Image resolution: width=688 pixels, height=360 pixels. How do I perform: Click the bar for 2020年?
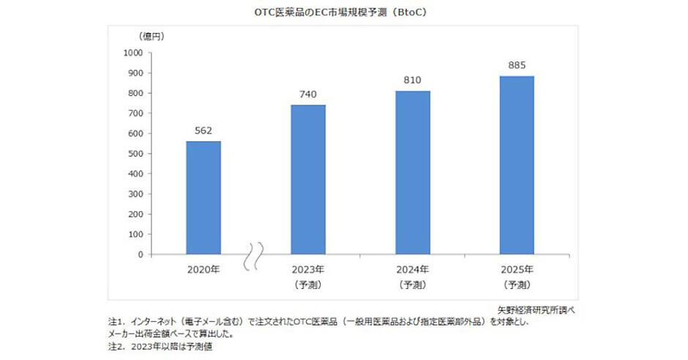pos(203,198)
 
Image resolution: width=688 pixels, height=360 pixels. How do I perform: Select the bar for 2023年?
pos(308,180)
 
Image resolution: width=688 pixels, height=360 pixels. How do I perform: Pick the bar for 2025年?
pos(517,165)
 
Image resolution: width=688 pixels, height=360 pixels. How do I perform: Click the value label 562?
pos(203,131)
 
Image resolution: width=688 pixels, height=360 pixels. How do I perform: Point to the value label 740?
pos(308,94)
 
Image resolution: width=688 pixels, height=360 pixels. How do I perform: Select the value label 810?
pos(413,80)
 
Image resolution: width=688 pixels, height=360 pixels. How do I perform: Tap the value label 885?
pos(517,65)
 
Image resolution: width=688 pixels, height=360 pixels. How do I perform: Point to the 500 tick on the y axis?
pos(136,154)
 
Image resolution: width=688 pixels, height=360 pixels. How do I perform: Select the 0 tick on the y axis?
pos(141,255)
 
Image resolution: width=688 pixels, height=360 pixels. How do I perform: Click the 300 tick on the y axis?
pos(136,195)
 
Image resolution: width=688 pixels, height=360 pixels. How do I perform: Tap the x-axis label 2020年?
pos(203,269)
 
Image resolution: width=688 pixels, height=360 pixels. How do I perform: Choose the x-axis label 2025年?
pos(517,269)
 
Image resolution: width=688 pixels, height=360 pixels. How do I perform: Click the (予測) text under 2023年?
pos(308,283)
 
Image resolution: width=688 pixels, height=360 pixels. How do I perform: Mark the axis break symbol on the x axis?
pos(256,255)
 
